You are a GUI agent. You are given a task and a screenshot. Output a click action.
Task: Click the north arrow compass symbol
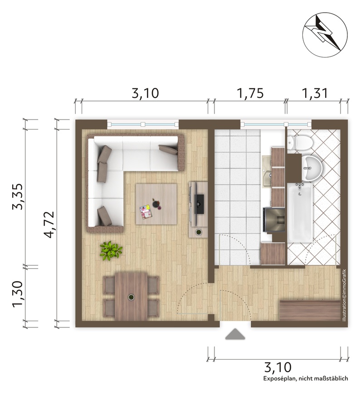point(325,35)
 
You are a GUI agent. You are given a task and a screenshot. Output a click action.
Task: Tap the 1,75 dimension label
point(250,93)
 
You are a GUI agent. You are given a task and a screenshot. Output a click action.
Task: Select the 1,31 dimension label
point(315,93)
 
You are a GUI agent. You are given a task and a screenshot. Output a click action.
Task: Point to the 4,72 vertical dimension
point(49,224)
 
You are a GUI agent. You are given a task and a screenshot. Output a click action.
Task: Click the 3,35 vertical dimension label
point(18,197)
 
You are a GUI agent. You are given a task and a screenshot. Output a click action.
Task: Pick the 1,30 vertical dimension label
point(18,294)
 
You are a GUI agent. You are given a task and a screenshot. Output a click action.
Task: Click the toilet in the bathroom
point(300,143)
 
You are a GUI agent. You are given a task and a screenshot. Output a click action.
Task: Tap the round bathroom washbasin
point(311,168)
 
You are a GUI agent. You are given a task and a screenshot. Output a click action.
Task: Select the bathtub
point(300,212)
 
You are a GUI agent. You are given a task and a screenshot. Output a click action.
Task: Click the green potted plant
point(111,250)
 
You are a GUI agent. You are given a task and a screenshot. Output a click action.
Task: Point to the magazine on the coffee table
point(146,212)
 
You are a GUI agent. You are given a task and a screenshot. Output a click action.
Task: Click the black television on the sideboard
point(199,204)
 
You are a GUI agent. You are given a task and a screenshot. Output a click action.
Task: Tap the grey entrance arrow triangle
point(235,334)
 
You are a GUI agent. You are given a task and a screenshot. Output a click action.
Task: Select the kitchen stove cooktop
point(274,219)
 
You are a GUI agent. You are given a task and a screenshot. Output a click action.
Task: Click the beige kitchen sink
point(267,172)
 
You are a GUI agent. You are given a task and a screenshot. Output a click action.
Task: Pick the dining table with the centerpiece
point(131,297)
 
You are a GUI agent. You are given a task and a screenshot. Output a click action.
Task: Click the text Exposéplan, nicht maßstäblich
point(306,379)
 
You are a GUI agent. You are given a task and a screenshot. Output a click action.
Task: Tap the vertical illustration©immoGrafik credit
point(344,295)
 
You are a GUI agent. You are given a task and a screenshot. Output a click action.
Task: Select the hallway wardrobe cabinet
point(310,311)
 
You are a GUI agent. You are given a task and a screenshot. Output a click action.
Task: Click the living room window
point(143,124)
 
